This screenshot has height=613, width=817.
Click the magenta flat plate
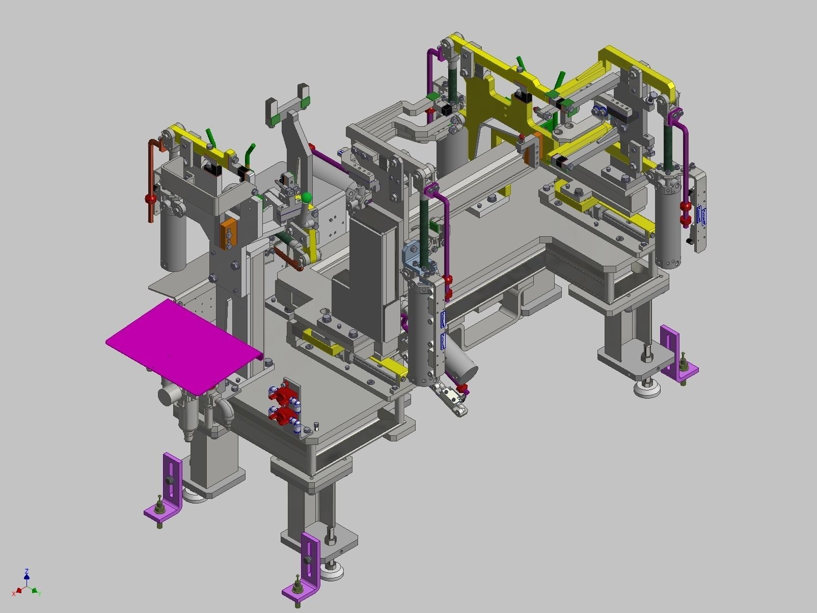coord(183,346)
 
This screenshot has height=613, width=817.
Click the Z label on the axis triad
coord(26,571)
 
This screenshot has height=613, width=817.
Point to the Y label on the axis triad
coord(39,594)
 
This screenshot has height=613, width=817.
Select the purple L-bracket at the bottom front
coord(308,565)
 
